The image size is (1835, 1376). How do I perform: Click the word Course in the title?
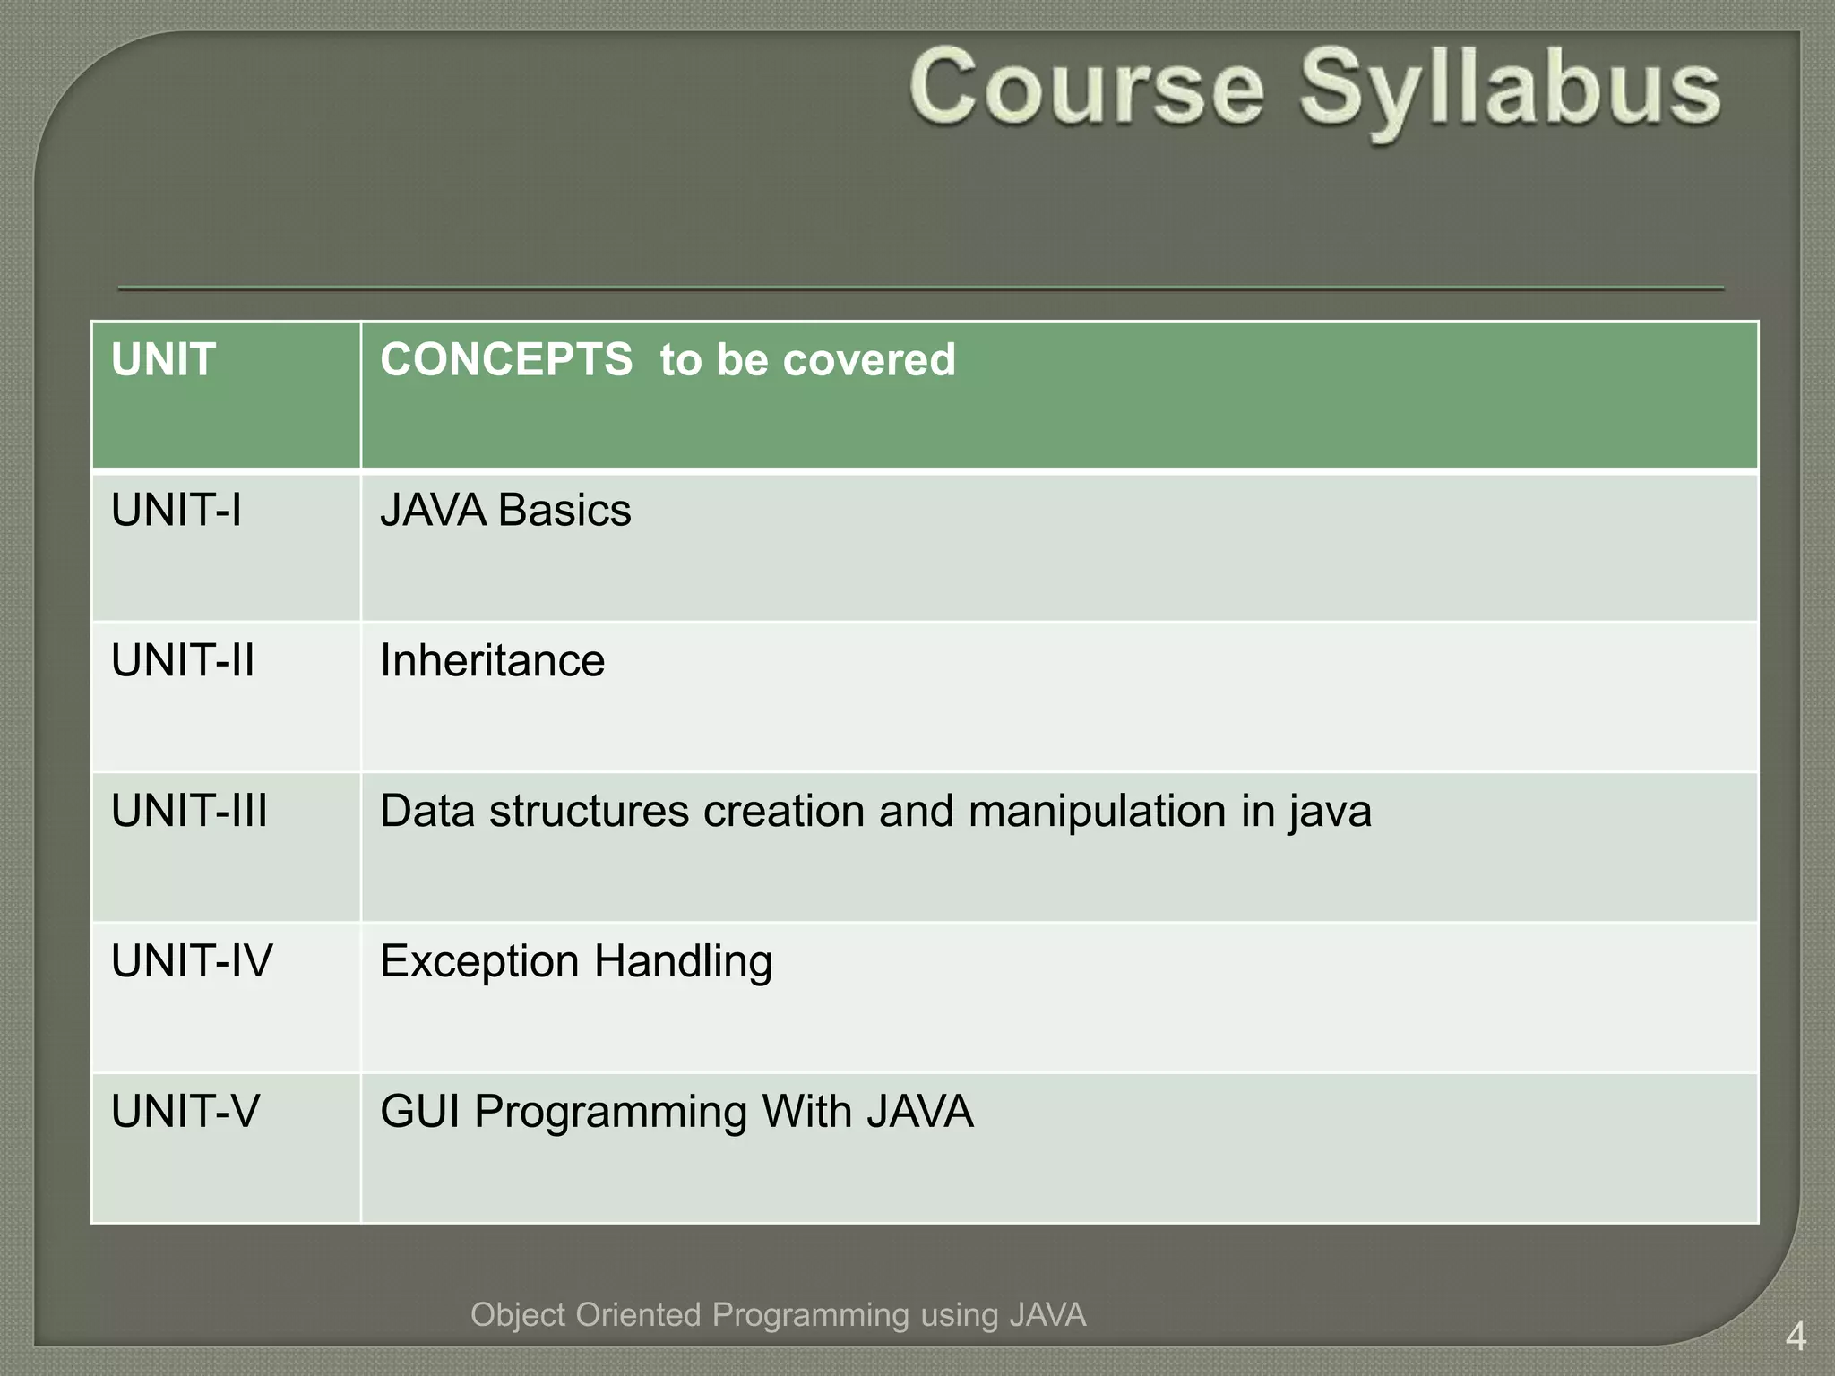1086,90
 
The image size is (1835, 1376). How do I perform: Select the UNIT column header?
163,360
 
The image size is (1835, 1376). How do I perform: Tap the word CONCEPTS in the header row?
506,360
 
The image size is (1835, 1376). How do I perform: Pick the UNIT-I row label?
176,511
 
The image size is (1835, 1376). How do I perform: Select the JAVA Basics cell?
505,511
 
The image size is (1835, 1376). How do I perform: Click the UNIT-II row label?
183,661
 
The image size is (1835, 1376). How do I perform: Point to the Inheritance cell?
492,661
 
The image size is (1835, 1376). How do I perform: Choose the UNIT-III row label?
189,812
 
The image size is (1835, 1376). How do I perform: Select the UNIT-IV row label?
192,962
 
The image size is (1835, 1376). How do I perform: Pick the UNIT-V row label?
185,1113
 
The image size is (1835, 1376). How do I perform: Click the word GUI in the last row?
419,1113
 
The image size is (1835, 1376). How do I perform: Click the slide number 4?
1795,1337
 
